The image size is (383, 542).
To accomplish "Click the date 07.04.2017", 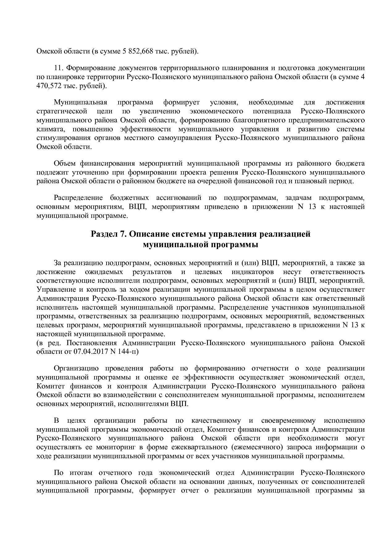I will click(89, 352).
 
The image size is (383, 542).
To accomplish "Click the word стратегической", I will click(61, 111).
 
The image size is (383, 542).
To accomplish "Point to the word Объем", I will click(65, 163).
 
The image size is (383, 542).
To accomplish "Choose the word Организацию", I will click(76, 368).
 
